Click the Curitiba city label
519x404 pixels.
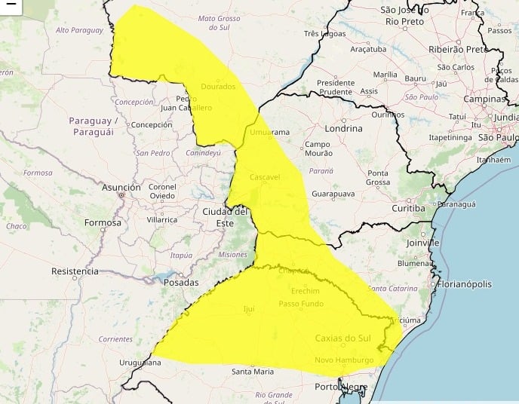pos(409,207)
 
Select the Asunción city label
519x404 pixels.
pos(121,187)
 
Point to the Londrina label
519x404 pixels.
pos(342,128)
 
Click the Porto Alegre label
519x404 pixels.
pos(341,387)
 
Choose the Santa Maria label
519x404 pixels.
pos(253,371)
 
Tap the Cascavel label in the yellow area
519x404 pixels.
pos(265,176)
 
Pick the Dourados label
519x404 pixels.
pos(219,87)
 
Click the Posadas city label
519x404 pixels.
pos(180,283)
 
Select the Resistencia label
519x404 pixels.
pos(75,271)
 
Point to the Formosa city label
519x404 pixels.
pos(103,222)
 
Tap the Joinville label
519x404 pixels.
pos(421,243)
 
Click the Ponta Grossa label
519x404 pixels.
pos(378,178)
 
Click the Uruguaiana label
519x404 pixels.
pos(140,363)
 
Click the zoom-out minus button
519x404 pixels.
pos(11,6)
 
